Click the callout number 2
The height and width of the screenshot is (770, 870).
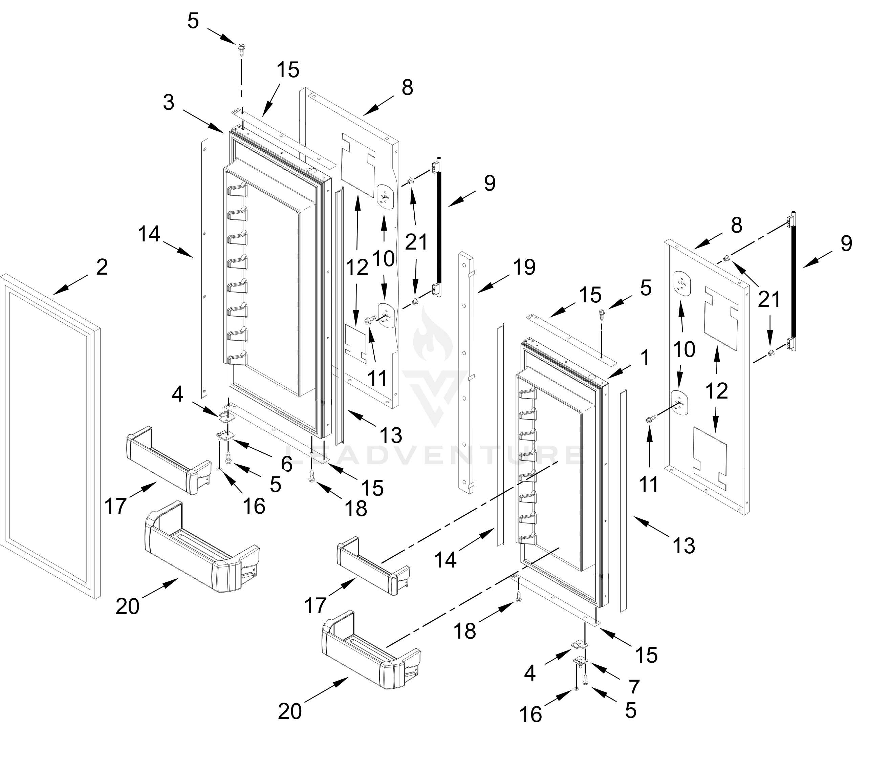(102, 267)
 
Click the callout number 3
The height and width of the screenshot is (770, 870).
(169, 103)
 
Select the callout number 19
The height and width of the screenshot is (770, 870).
(524, 267)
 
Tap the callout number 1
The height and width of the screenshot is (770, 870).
(645, 358)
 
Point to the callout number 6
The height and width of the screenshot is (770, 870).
(286, 464)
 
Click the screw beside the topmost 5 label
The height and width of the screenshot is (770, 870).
(241, 48)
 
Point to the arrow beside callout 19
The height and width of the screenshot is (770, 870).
(493, 283)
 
